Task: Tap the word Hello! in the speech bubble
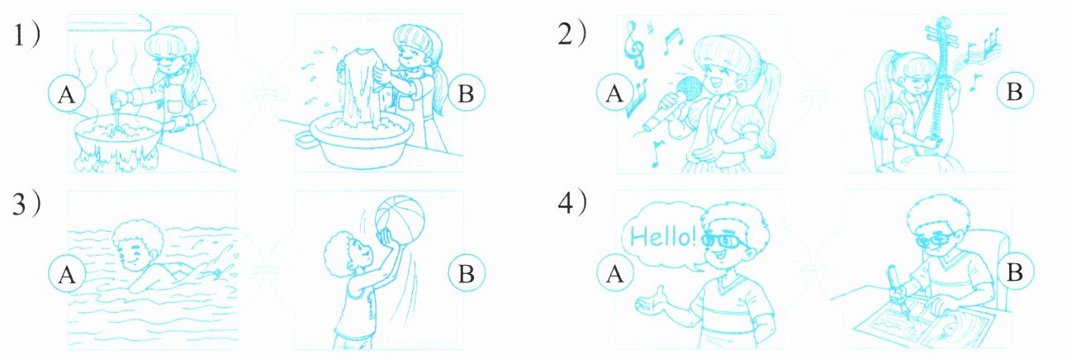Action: coord(664,236)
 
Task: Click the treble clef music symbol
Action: coord(635,44)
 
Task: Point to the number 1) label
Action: coord(26,35)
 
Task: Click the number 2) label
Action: coord(572,35)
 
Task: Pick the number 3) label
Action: coord(26,205)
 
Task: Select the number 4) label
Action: coord(572,203)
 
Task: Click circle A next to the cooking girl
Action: coord(67,94)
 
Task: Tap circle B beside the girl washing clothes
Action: coord(466,93)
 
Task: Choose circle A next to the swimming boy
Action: coord(67,274)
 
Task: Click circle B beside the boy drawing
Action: coord(1014,272)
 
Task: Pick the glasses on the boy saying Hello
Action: coord(724,240)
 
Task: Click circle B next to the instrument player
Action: coord(1014,91)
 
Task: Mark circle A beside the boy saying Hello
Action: coord(615,274)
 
